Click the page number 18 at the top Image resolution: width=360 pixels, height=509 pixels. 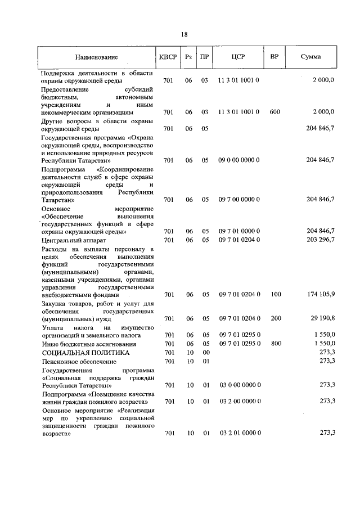184,34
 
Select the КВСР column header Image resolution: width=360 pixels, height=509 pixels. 168,57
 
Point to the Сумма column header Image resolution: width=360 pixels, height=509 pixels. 310,57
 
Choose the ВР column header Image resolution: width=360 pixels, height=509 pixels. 274,57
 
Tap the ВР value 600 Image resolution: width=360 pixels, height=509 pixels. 274,112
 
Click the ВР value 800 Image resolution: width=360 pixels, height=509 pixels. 274,343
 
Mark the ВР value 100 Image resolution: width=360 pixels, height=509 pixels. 274,294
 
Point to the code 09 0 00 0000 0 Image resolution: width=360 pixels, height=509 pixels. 238,160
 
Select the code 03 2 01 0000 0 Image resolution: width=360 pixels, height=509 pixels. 238,433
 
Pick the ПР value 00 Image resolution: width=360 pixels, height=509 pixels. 205,352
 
